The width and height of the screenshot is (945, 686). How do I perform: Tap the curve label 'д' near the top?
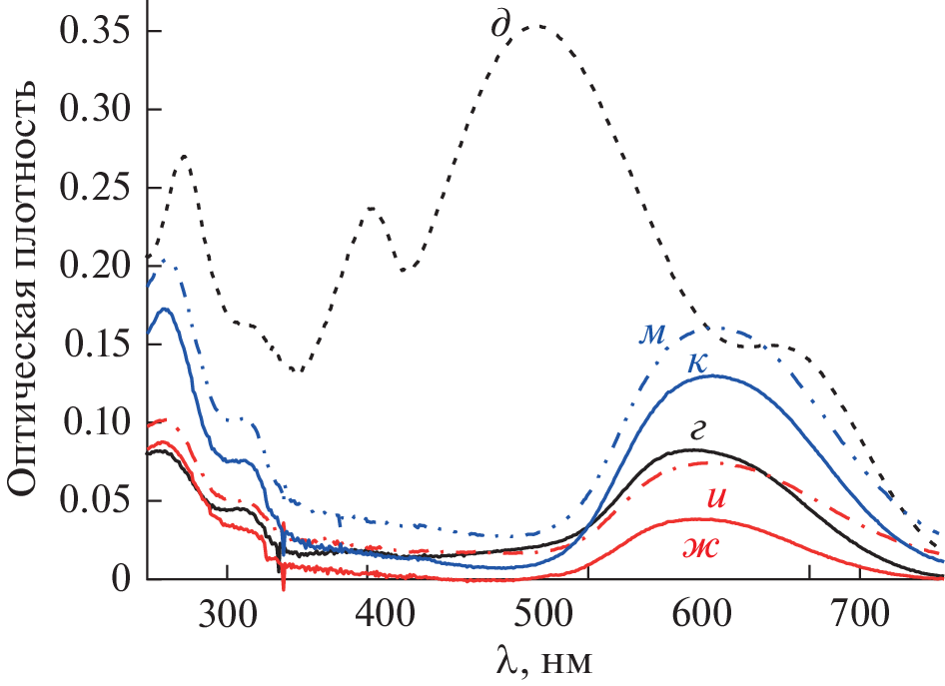500,23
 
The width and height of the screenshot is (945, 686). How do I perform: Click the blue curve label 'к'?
698,363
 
